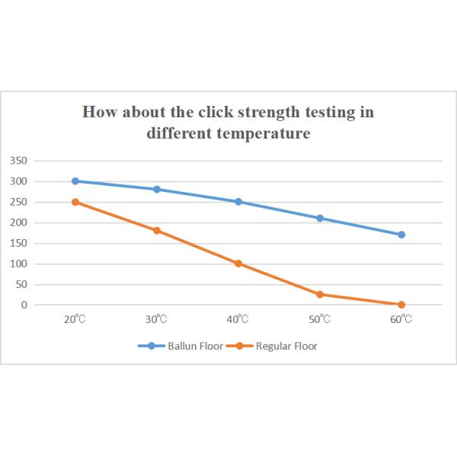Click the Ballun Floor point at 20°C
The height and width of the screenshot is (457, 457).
[75, 181]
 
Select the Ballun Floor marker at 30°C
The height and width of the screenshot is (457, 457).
[157, 189]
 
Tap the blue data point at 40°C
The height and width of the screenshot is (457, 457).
[238, 202]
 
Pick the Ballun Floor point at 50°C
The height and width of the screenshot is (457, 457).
[320, 218]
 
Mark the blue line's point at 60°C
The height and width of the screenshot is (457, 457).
[401, 235]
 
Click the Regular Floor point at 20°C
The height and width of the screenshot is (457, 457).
[75, 202]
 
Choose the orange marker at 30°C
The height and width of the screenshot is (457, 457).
[157, 230]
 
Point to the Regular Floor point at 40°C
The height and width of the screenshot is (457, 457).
[238, 264]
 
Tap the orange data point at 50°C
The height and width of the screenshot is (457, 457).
[320, 294]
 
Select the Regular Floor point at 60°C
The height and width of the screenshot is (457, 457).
[401, 305]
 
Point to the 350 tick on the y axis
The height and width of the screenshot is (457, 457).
[19, 161]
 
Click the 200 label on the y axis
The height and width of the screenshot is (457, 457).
[19, 222]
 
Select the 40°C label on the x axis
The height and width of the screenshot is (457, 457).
[238, 319]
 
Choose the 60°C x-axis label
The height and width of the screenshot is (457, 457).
[401, 319]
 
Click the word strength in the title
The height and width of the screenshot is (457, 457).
[273, 112]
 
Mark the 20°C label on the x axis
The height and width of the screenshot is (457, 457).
[75, 319]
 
